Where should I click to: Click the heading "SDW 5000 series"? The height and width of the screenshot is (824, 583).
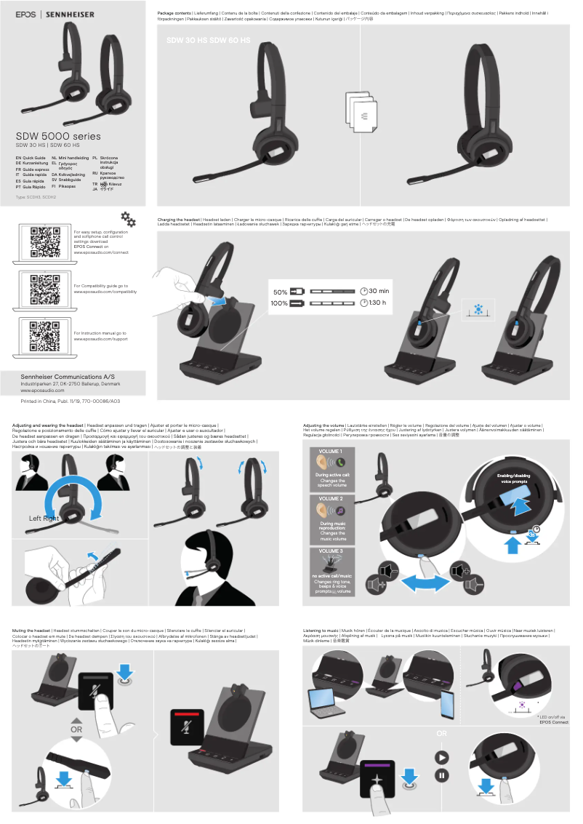pyautogui.click(x=58, y=136)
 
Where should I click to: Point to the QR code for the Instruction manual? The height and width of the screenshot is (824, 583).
pyautogui.click(x=44, y=335)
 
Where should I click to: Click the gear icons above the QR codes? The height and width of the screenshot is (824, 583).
pyautogui.click(x=128, y=199)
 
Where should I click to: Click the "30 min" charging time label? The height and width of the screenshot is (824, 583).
pyautogui.click(x=379, y=291)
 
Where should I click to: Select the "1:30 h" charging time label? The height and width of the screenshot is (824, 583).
pyautogui.click(x=378, y=303)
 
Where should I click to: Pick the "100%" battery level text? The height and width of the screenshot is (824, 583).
pyautogui.click(x=280, y=303)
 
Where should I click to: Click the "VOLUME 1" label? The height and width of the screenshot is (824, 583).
pyautogui.click(x=331, y=452)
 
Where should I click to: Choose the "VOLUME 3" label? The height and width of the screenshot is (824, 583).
pyautogui.click(x=331, y=551)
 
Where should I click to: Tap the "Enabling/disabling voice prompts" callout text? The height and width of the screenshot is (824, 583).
pyautogui.click(x=512, y=479)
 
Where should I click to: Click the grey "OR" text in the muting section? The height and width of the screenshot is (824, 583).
pyautogui.click(x=76, y=728)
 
